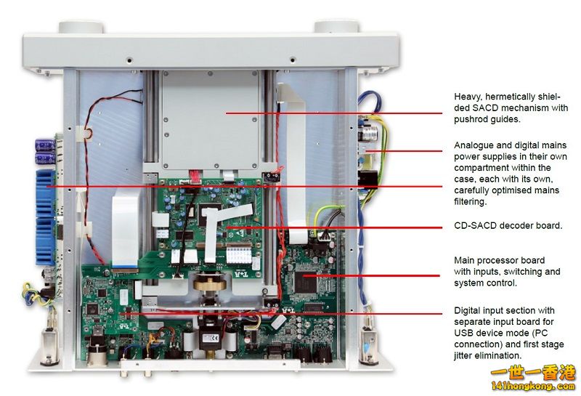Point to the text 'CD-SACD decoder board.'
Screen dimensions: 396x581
coord(508,226)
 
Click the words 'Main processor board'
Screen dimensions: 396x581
coord(499,260)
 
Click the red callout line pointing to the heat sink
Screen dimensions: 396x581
coord(218,186)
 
